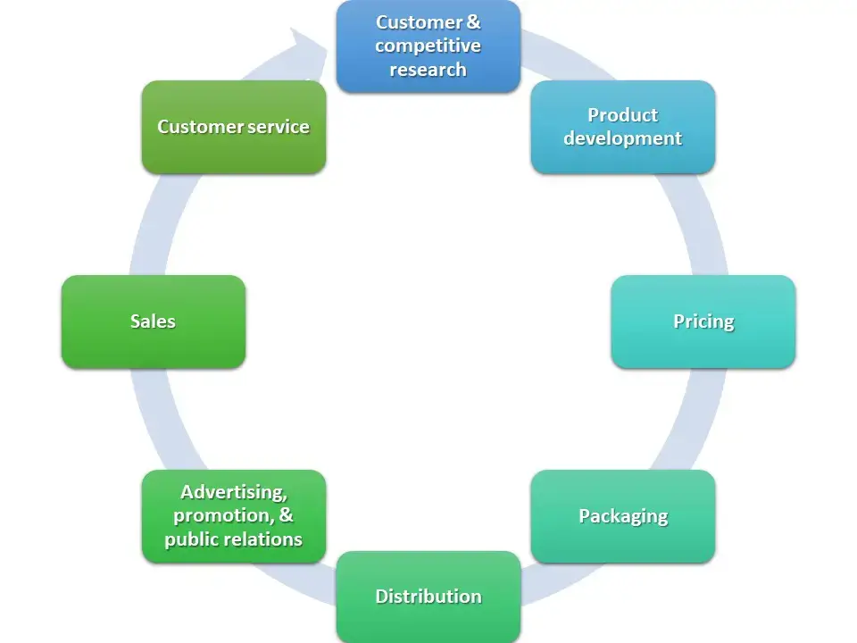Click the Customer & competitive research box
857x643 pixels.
coord(428,46)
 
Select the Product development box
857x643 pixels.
coord(623,128)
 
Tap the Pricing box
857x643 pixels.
coord(703,321)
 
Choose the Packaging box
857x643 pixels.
coord(623,516)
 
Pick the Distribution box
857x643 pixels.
coord(428,597)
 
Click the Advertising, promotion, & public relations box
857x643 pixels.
coord(234,516)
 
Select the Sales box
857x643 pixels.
coord(154,321)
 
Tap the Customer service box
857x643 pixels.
coord(234,128)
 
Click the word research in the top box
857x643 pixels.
coord(428,70)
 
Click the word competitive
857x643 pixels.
coord(428,46)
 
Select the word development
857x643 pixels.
coord(622,138)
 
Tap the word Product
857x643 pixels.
coord(622,115)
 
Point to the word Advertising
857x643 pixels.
coord(234,493)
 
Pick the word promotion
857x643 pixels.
coord(224,516)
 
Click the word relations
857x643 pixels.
coord(267,539)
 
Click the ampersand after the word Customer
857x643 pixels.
coord(474,21)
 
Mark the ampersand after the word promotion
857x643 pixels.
coord(286,515)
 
